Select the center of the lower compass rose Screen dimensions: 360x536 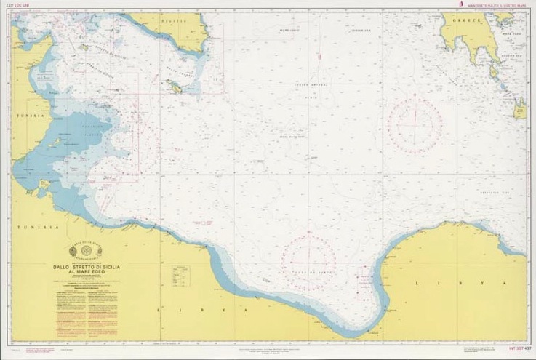point(309,256)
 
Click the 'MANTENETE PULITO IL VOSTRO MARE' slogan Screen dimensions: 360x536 point(495,6)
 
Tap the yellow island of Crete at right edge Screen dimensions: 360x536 point(521,111)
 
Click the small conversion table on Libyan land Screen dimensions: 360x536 point(181,274)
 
